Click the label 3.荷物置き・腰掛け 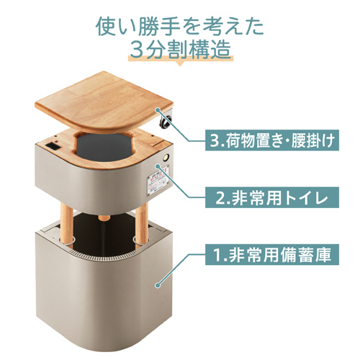click(x=272, y=140)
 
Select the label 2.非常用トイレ click(x=272, y=197)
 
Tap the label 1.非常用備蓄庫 click(x=272, y=254)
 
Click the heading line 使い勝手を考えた click(x=180, y=27)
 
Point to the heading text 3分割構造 click(x=181, y=50)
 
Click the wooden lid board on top click(x=104, y=102)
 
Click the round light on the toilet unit click(x=166, y=158)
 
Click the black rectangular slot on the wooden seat click(x=53, y=146)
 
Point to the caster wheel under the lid click(x=166, y=120)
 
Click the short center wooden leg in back click(x=104, y=218)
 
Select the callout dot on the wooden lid click(x=158, y=110)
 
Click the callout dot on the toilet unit click(x=158, y=166)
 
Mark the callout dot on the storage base click(x=158, y=285)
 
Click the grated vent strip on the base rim click(x=103, y=256)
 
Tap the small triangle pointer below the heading click(x=180, y=63)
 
